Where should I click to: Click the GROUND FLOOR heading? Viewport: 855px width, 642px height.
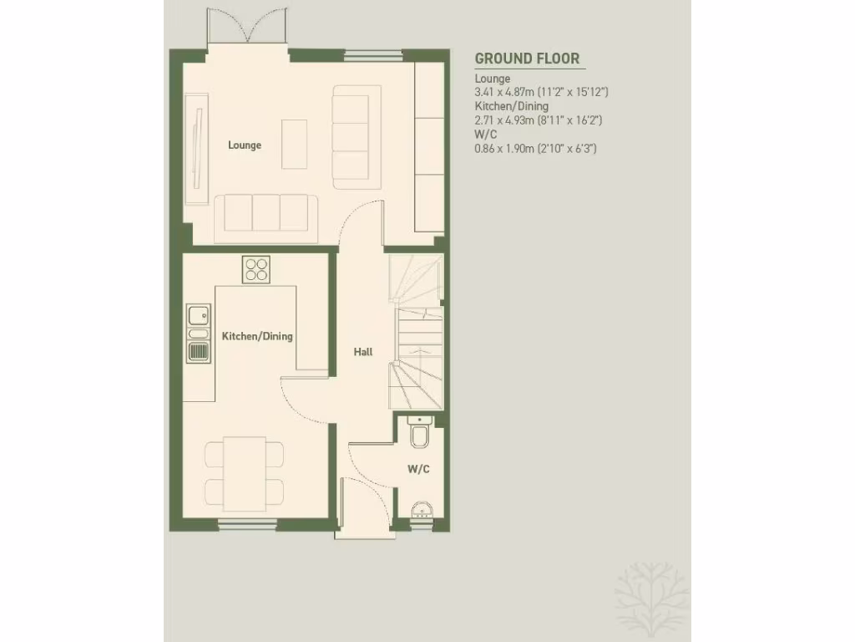point(527,59)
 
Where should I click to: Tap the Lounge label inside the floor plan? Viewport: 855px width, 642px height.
point(245,145)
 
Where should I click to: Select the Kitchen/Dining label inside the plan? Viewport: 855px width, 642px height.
point(257,337)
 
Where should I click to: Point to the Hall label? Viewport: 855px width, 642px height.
point(363,353)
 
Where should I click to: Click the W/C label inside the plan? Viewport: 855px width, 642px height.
point(418,470)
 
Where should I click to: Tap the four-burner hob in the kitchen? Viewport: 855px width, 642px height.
point(257,269)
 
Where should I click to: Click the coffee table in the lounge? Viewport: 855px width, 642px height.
point(294,144)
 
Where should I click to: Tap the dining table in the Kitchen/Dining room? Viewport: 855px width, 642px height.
point(245,472)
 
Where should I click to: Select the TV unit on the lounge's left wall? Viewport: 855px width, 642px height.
point(197,146)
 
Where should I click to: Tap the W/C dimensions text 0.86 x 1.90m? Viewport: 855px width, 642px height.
point(535,148)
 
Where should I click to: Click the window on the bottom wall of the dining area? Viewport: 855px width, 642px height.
point(248,524)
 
